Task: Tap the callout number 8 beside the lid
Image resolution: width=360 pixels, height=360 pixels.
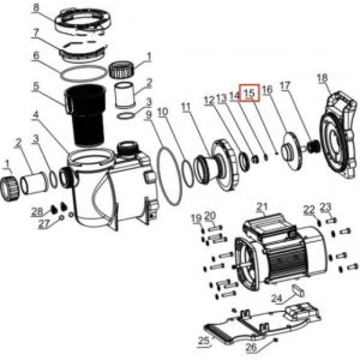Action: pos(50,8)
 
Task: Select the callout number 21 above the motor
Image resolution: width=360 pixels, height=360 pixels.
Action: pos(262,207)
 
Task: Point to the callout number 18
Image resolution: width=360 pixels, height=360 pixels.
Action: pos(322,78)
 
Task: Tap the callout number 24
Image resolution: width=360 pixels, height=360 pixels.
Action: pos(277,298)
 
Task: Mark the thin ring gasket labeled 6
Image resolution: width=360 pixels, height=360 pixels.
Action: pos(85,72)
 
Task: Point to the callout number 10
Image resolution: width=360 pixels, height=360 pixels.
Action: pos(163,111)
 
